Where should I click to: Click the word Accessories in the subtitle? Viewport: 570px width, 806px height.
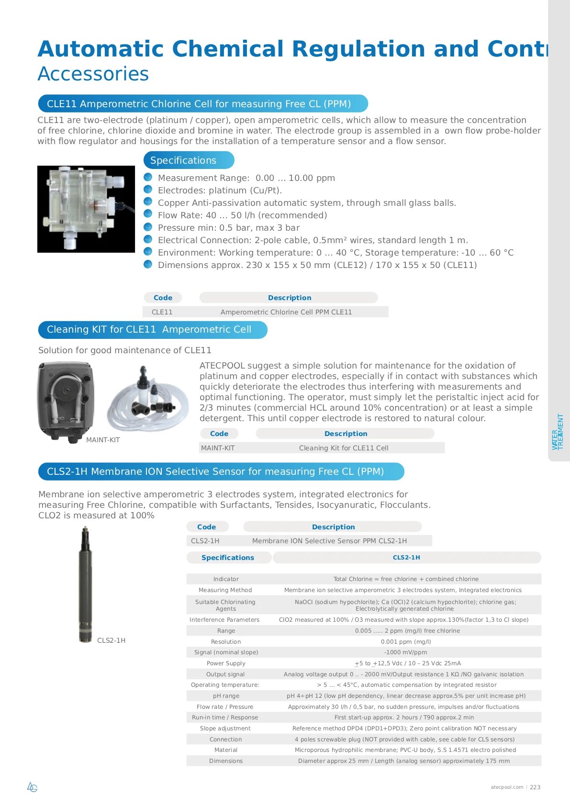click(93, 74)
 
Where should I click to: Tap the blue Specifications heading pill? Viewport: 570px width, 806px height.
click(189, 160)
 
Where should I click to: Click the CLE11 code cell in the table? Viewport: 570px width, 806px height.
click(162, 312)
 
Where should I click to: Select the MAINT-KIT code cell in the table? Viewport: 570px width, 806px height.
click(218, 448)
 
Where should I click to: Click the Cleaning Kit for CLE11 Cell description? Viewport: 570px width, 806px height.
click(344, 448)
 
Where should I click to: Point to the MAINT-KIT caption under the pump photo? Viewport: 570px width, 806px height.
click(103, 440)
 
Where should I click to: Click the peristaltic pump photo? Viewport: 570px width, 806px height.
click(66, 401)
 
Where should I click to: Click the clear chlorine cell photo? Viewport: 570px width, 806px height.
click(86, 209)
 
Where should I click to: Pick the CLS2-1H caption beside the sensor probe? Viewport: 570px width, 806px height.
click(111, 640)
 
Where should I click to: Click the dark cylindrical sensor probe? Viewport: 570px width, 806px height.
click(85, 584)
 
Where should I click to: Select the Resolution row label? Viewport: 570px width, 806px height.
click(226, 642)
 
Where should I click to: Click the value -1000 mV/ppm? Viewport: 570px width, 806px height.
click(405, 652)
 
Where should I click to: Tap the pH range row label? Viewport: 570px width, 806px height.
click(226, 696)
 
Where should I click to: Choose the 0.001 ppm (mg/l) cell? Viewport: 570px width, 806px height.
click(406, 642)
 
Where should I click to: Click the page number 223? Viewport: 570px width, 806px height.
click(535, 787)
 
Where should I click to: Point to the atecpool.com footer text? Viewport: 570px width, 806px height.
click(507, 787)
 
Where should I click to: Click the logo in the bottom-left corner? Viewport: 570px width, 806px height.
click(32, 787)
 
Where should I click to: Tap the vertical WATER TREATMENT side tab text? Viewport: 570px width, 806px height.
click(558, 432)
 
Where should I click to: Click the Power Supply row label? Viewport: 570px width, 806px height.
click(226, 663)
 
